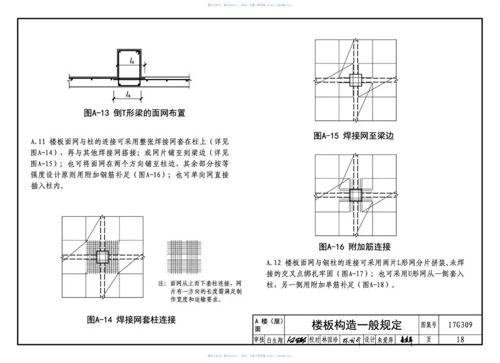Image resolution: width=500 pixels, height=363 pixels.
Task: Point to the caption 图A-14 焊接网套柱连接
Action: (131, 320)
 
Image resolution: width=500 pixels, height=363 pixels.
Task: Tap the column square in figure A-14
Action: (101, 257)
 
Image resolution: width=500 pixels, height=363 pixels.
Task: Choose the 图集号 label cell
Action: (428, 326)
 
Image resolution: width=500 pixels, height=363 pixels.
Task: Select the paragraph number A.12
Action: (276, 261)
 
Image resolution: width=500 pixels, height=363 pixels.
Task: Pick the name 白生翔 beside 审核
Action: (276, 340)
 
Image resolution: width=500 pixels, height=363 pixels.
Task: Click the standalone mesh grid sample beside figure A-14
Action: (183, 257)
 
